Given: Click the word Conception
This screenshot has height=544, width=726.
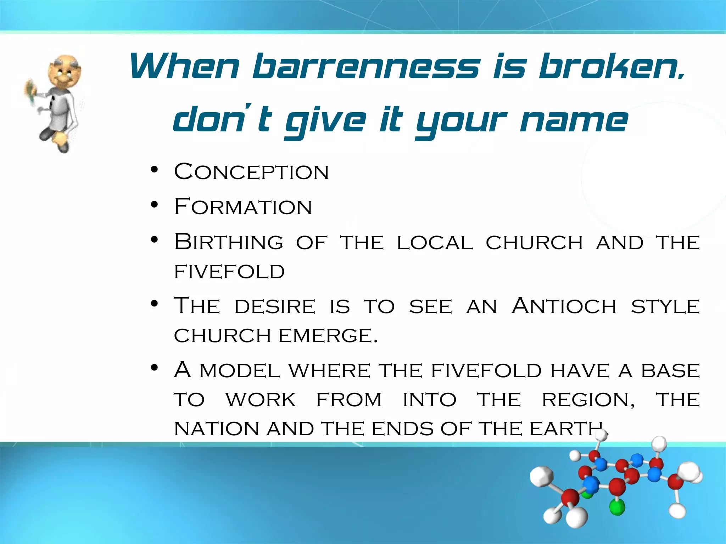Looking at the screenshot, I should tap(251, 172).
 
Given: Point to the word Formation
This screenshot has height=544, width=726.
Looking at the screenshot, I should tap(243, 207).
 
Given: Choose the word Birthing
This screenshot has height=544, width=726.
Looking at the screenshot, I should tap(229, 243).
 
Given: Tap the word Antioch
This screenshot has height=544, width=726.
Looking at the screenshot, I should tap(564, 306).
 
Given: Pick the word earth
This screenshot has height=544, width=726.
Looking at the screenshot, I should tap(567, 429).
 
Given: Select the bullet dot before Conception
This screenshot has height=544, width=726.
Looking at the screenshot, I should tap(154, 170).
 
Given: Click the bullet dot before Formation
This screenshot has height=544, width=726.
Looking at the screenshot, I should tap(154, 205).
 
